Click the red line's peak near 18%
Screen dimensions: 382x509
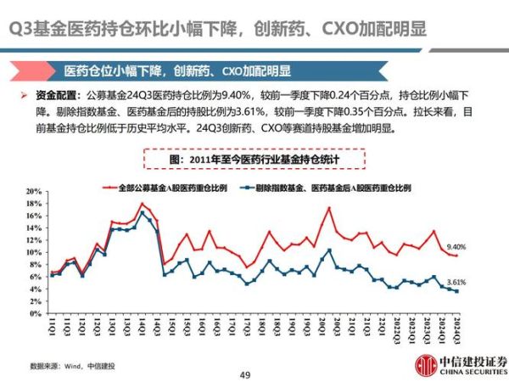point(143,204)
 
